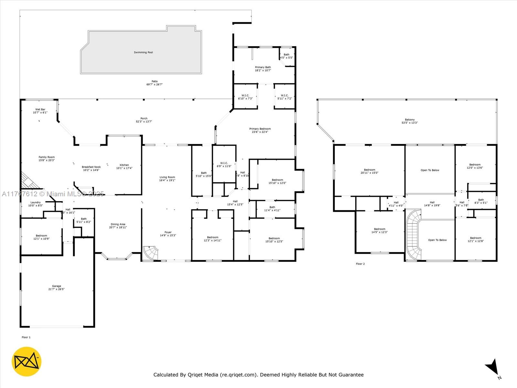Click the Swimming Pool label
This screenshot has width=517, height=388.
pos(143,52)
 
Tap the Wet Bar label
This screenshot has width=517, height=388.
pos(40,110)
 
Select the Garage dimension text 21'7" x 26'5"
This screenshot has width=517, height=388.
pos(57,289)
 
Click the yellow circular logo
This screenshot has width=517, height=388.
pos(26,361)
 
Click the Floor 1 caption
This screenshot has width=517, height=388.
pos(26,337)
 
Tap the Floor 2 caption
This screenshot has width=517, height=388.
pos(360,264)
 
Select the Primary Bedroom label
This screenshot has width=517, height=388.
pos(260,129)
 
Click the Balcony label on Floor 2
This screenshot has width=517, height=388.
pos(410,120)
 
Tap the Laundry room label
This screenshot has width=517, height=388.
pos(36,202)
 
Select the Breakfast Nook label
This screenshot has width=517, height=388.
pos(91,167)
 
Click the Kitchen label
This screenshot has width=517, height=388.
pos(124,165)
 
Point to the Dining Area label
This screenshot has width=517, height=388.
pos(118,224)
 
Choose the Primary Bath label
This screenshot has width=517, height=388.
pos(263,67)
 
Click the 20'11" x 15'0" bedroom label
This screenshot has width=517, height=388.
pos(369,173)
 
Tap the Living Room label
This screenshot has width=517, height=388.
pos(167,177)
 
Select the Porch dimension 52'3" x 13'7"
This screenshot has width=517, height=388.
pos(144,122)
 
